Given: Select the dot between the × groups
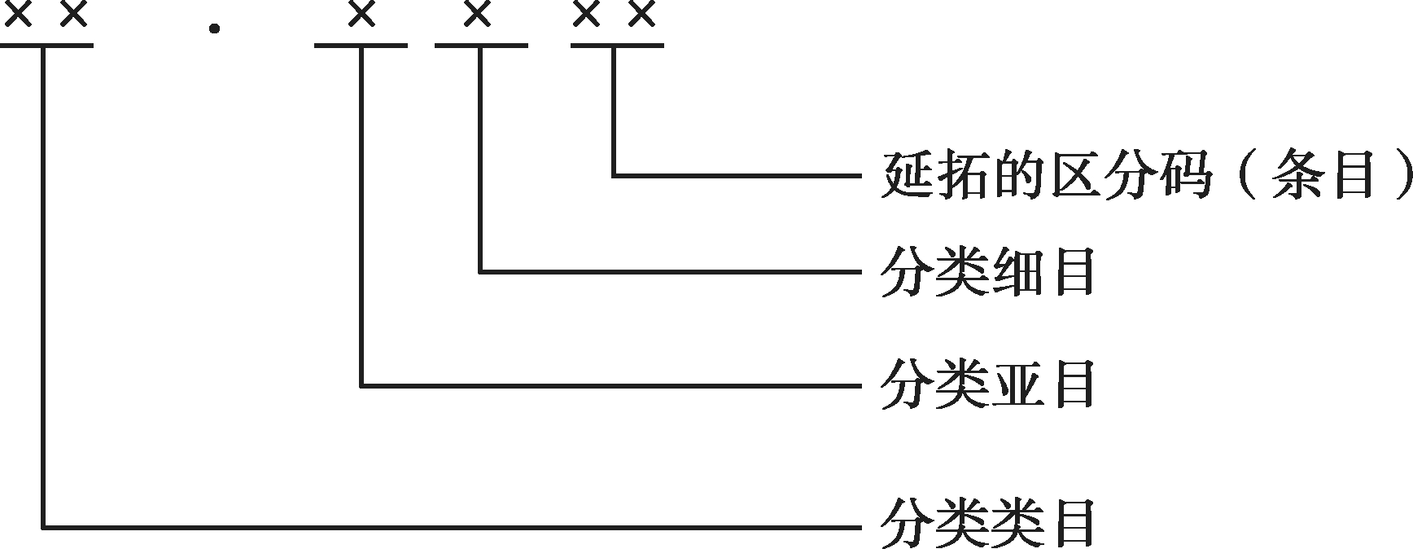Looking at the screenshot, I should (214, 29).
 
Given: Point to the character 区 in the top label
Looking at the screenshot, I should (1076, 175).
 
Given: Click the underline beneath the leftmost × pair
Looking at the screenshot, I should (46, 46).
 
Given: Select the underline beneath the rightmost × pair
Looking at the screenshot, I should (616, 46).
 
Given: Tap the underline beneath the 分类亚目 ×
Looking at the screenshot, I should (361, 46).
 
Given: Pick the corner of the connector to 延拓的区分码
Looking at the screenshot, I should (614, 175).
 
